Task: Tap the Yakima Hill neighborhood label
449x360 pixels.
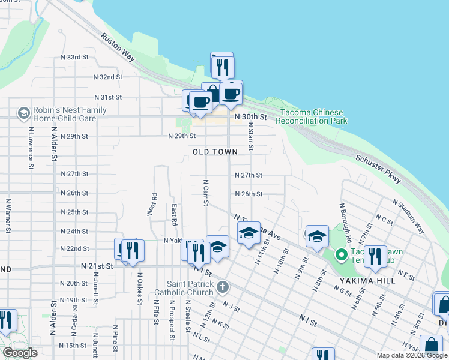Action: pyautogui.click(x=362, y=280)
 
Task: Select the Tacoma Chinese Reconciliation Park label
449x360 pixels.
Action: pyautogui.click(x=312, y=116)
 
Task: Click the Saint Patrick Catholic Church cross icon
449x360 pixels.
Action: pyautogui.click(x=223, y=286)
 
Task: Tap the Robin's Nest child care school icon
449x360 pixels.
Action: pyautogui.click(x=24, y=113)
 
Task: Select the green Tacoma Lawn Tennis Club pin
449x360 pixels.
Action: pyautogui.click(x=342, y=256)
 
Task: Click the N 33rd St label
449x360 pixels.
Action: pyautogui.click(x=74, y=57)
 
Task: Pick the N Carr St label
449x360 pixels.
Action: pyautogui.click(x=205, y=193)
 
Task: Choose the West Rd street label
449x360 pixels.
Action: pyautogui.click(x=155, y=205)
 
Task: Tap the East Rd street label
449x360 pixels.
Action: pyautogui.click(x=174, y=214)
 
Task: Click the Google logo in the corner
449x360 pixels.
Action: pyautogui.click(x=20, y=353)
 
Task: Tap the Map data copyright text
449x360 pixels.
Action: pyautogui.click(x=411, y=355)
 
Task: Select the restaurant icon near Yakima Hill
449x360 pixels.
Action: pyautogui.click(x=375, y=256)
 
